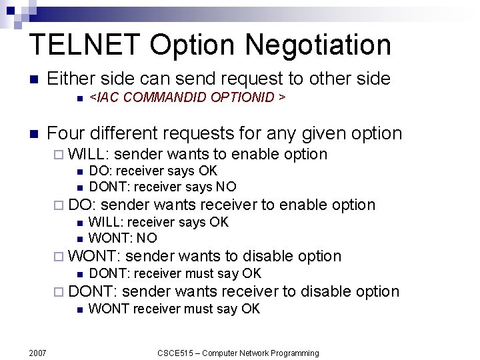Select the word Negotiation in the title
pos(318,45)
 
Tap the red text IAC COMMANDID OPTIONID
pos(187,97)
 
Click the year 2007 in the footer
pos(37,353)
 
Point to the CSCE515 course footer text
pos(238,353)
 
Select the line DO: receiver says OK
pos(153,171)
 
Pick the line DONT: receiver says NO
pos(163,187)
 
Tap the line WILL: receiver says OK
pos(159,222)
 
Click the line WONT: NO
pos(123,238)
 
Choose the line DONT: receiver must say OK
pos(175,273)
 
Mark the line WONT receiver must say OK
pos(174,309)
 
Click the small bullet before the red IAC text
pos(79,98)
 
